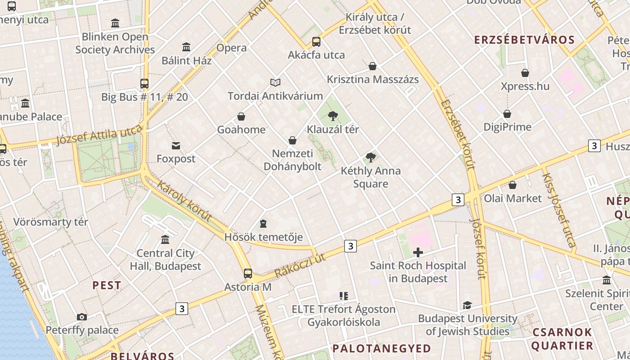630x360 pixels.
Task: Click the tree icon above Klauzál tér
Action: tap(333, 116)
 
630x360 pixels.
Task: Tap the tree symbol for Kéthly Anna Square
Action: tap(371, 157)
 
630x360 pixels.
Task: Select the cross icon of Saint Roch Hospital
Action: tap(418, 252)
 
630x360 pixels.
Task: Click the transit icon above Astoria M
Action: tap(248, 273)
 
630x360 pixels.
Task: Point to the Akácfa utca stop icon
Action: tap(316, 42)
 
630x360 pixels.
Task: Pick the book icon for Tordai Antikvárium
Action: tap(275, 82)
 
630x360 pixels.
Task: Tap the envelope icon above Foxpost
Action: tap(176, 146)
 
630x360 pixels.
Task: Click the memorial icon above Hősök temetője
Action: tap(263, 224)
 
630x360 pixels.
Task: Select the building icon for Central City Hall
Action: tap(165, 240)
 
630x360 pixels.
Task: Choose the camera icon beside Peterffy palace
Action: tap(81, 317)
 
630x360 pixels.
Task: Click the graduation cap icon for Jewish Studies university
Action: tap(468, 306)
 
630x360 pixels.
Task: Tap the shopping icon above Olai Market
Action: tap(513, 185)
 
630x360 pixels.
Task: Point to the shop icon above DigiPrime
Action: tap(507, 114)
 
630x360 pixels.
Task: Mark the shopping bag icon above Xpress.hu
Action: tap(525, 73)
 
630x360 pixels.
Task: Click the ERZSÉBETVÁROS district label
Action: tap(524, 40)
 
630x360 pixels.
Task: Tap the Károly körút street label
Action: tap(184, 201)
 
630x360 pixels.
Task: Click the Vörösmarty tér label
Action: tap(50, 222)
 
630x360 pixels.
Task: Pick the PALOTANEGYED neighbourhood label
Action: tap(382, 348)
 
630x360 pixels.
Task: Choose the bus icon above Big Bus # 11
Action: tap(144, 84)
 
